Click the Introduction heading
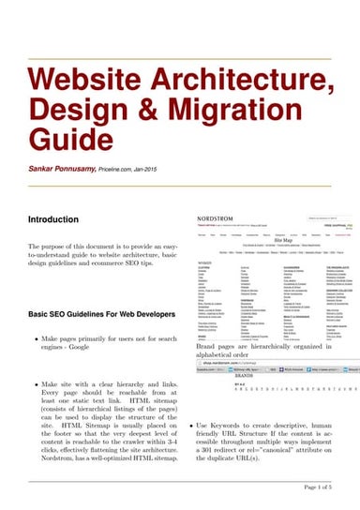53,219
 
